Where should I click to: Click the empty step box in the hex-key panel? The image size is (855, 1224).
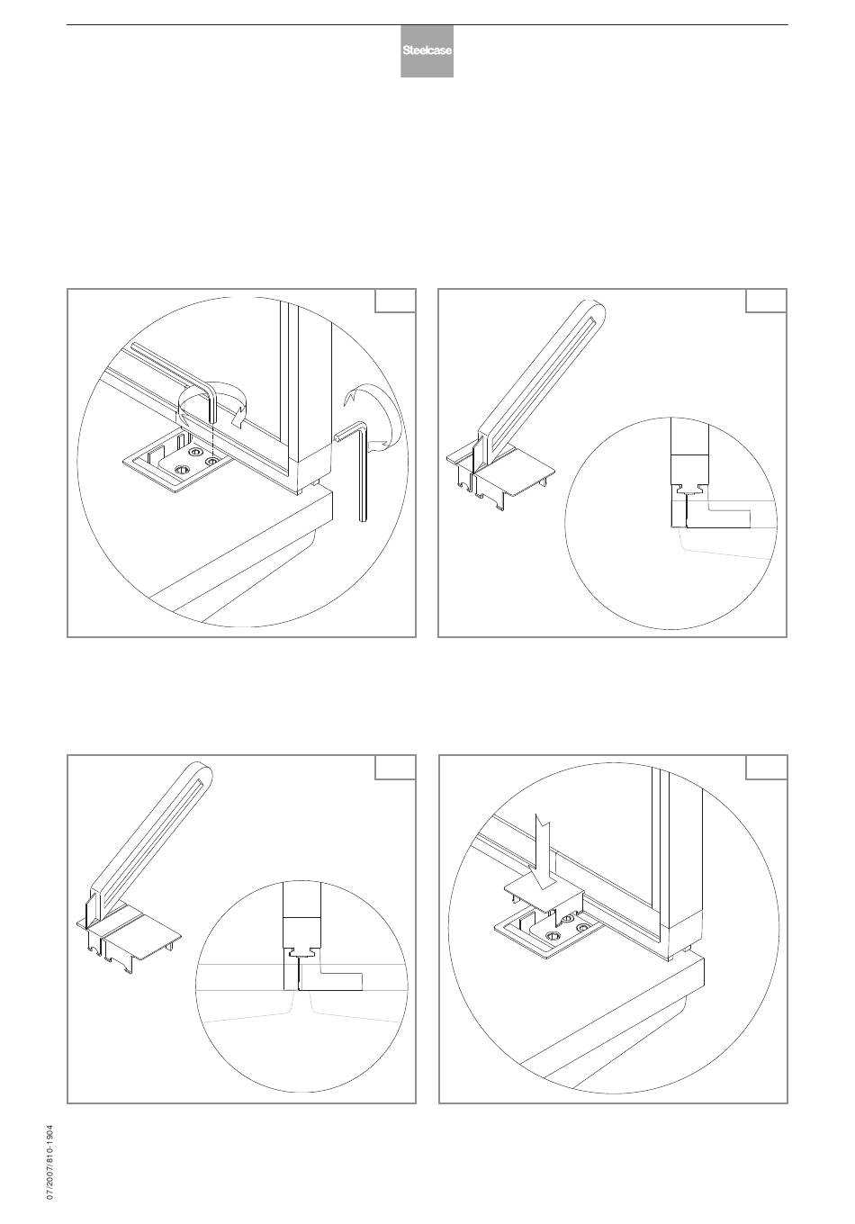pos(395,301)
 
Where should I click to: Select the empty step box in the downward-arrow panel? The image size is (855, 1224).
pos(766,767)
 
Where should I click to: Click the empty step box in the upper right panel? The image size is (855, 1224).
pos(766,301)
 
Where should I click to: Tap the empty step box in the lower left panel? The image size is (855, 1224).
pos(395,767)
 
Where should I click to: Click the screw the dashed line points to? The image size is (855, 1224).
pos(212,462)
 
